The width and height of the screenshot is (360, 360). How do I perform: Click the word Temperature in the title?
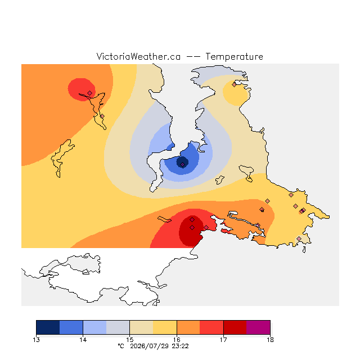(234, 57)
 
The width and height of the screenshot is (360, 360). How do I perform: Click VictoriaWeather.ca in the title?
(138, 57)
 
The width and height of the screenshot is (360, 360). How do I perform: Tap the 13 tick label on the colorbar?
(36, 340)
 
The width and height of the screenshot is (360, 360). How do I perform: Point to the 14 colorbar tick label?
(83, 340)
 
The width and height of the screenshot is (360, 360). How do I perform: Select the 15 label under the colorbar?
(130, 340)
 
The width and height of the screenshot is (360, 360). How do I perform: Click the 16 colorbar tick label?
(177, 340)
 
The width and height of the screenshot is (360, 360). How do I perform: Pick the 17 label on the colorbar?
(223, 340)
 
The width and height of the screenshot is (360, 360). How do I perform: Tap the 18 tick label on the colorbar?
(270, 340)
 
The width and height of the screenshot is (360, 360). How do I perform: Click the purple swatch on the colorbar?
(258, 327)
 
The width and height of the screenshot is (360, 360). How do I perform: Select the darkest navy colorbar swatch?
(48, 327)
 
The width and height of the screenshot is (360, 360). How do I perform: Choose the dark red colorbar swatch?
(235, 327)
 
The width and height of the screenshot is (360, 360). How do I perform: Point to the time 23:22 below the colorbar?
(180, 346)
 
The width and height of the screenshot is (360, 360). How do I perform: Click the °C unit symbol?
(121, 346)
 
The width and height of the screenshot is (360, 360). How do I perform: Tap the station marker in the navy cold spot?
(182, 164)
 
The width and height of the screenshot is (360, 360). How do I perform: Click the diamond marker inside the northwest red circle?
(90, 93)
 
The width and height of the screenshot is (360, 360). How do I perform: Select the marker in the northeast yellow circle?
(234, 85)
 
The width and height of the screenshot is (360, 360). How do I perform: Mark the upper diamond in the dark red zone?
(192, 220)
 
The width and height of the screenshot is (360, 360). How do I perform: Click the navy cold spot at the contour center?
(182, 162)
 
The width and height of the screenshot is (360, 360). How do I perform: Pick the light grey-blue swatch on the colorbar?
(118, 327)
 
